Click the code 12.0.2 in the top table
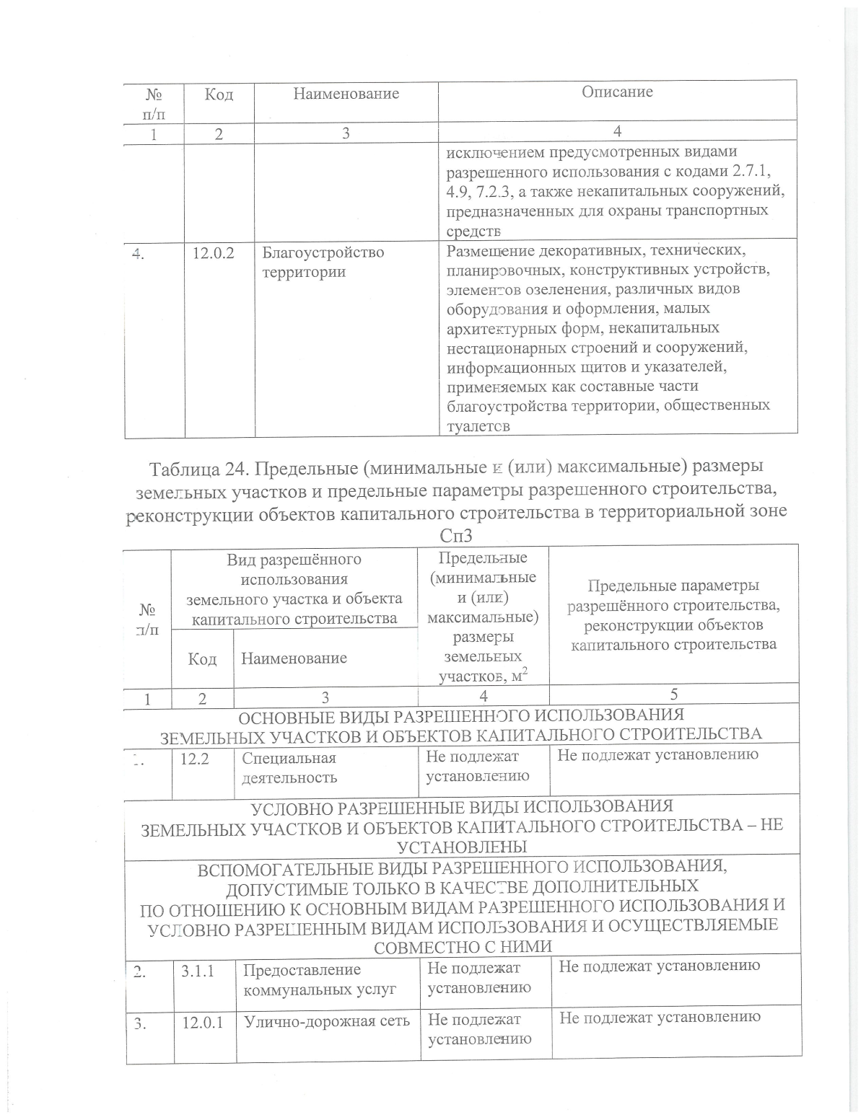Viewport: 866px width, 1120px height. coord(214,253)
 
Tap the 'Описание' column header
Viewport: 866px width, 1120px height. coord(618,92)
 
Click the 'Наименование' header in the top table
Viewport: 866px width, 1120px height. coord(346,94)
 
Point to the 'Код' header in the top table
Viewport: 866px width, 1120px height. coord(219,94)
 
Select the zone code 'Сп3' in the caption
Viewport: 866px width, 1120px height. coord(460,537)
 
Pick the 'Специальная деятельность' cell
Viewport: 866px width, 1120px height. coord(289,767)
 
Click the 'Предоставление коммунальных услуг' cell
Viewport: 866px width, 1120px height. coord(320,979)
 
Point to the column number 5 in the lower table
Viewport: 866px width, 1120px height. coord(674,695)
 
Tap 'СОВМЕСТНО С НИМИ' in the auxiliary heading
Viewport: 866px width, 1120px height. coord(463,945)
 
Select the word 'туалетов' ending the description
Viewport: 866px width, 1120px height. coord(478,425)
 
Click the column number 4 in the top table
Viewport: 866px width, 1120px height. coord(618,131)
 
